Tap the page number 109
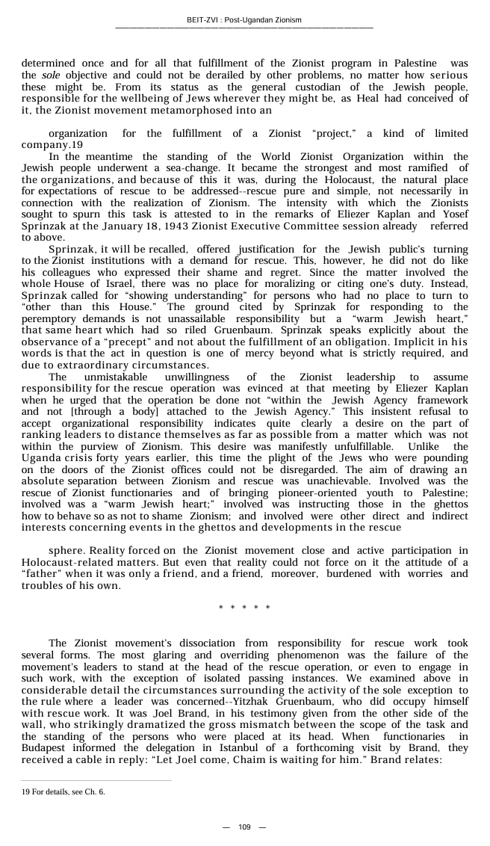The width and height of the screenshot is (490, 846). (244, 827)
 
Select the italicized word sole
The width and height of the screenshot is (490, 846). (51, 75)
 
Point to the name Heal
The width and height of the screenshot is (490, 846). (377, 98)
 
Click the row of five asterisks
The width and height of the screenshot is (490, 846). (244, 608)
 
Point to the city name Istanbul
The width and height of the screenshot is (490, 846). (255, 747)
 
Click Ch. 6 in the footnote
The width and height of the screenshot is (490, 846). (95, 791)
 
